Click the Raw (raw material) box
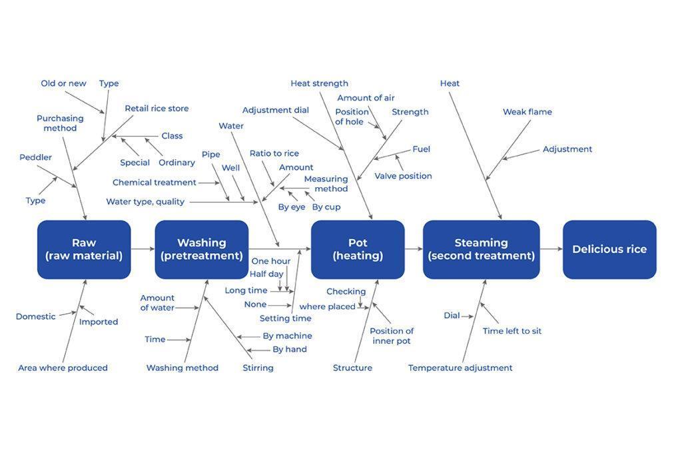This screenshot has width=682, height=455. tap(84, 249)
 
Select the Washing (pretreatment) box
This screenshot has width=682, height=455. tap(201, 249)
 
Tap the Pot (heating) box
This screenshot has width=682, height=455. tap(358, 249)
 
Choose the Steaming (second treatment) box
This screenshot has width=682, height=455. tap(481, 249)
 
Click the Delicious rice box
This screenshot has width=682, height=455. tap(609, 249)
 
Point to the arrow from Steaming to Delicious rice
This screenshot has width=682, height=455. tap(551, 249)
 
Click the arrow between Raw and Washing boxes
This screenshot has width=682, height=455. tap(143, 249)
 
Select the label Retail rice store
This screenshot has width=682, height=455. tap(157, 109)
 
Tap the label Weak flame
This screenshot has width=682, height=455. tap(527, 112)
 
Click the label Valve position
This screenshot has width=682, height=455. tap(403, 176)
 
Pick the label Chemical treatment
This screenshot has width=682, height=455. tap(154, 183)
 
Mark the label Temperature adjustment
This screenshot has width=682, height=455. tap(460, 368)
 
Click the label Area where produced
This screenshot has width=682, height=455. tap(63, 368)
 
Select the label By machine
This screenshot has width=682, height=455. tap(287, 336)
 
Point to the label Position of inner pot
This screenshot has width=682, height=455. tap(392, 336)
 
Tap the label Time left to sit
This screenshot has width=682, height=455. tap(511, 331)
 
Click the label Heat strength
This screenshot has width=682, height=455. tap(319, 83)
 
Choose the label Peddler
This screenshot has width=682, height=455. tap(35, 157)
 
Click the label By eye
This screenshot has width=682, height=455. tap(291, 207)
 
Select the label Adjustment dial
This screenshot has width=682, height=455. tap(275, 110)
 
